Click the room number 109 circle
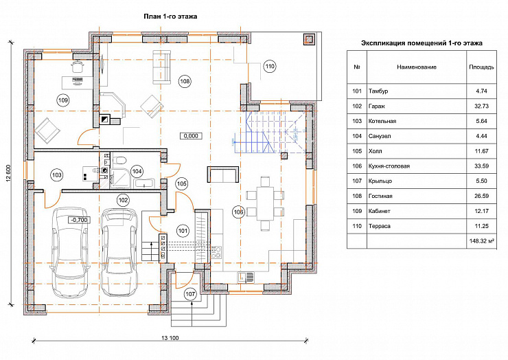(63, 100)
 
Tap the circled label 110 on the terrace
(270, 67)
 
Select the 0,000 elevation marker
(191, 136)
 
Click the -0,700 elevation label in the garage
(79, 220)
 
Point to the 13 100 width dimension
(170, 338)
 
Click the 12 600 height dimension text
(8, 174)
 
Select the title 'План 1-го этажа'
(170, 16)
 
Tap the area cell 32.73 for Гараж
(481, 106)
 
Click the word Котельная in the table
(382, 121)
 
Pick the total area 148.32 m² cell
(482, 241)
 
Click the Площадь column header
(481, 67)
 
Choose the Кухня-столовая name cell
(389, 166)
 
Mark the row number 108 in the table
(357, 196)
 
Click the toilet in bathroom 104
(119, 160)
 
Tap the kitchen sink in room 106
(246, 277)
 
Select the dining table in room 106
(266, 203)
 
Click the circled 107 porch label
(190, 294)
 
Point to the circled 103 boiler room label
(57, 175)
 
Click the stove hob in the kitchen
(217, 252)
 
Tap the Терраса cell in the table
(379, 226)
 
